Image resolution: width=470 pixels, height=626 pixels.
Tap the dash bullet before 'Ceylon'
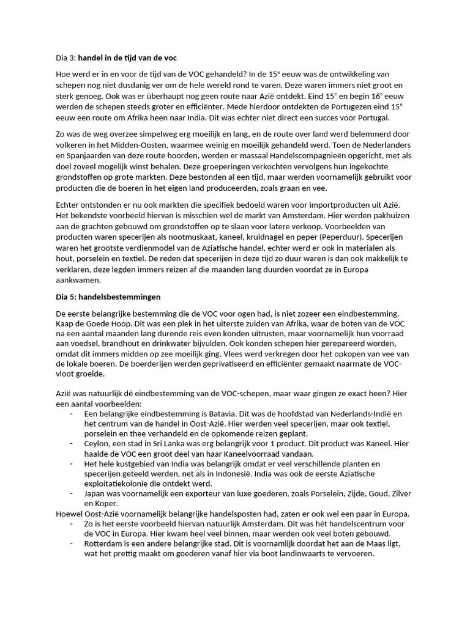(x=72, y=443)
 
